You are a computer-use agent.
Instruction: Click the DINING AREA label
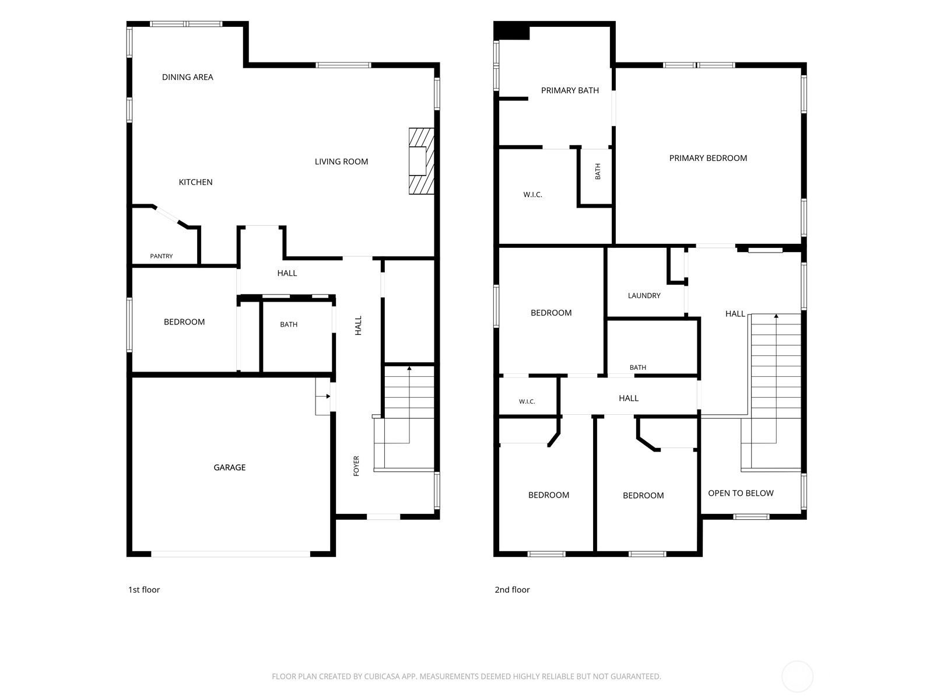(187, 77)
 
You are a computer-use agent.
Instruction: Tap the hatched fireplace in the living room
(421, 161)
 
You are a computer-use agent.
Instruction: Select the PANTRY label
(162, 256)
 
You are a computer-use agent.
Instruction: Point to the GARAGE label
(230, 467)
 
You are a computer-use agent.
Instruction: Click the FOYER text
(356, 466)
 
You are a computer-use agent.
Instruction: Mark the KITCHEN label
(195, 182)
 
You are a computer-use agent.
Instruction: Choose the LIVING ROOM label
(341, 162)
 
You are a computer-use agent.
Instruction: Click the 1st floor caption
(144, 590)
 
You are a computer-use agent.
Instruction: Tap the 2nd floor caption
(512, 590)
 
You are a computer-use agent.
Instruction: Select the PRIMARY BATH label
(570, 90)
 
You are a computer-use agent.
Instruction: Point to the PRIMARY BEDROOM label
(708, 158)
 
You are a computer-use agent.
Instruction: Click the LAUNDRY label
(644, 295)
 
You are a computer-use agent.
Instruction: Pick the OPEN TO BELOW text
(741, 493)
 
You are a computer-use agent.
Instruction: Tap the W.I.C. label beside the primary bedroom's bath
(532, 195)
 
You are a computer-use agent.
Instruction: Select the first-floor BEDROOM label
(184, 322)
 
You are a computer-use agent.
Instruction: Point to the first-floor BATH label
(289, 324)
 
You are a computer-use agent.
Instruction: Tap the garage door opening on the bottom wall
(231, 554)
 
